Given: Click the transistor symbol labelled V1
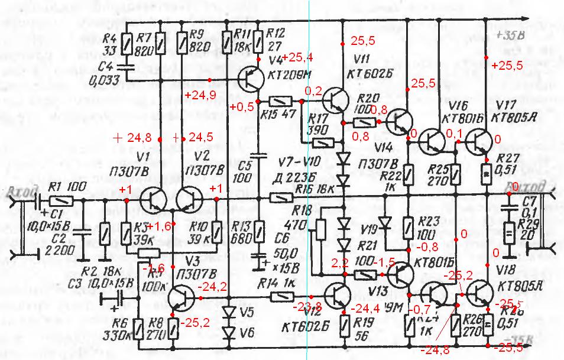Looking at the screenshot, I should point(155,200).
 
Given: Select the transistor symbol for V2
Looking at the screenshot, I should point(190,200).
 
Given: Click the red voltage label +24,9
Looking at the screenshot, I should point(196,95).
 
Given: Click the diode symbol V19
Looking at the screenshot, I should point(385,223).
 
